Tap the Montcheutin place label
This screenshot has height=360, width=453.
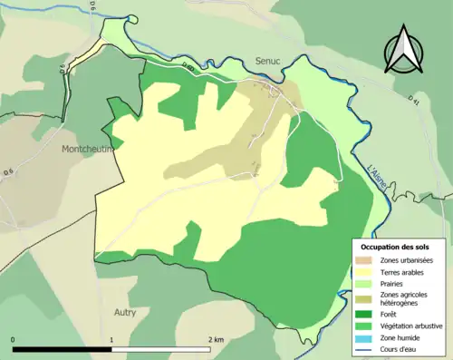[88, 149]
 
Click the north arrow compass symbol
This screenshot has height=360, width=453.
[404, 49]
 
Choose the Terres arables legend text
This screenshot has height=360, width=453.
[405, 271]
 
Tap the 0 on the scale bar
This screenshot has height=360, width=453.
[14, 340]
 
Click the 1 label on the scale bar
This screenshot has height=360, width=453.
[111, 340]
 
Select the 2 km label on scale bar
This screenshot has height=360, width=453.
[216, 340]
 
